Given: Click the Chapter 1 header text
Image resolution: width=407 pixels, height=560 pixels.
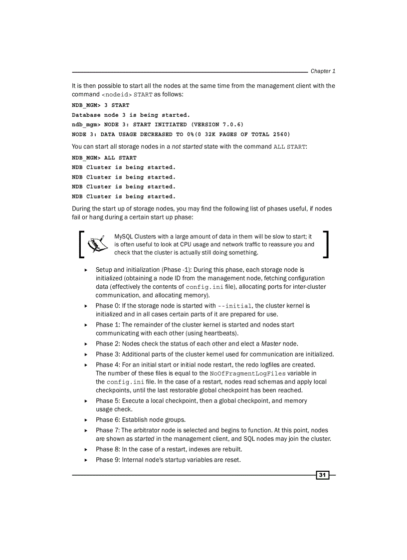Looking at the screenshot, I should coord(323,71).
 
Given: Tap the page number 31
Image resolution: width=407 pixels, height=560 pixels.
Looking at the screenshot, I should coord(322,475).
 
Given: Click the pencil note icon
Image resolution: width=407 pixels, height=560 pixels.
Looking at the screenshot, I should coord(98,244).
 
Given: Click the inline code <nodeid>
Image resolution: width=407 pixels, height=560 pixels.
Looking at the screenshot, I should coord(117,95).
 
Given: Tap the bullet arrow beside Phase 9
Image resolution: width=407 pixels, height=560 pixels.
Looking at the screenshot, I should coord(86,460).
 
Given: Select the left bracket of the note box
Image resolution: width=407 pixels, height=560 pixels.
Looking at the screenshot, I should coord(82,244).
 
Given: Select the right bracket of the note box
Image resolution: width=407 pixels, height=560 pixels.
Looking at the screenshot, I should coord(326,244).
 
